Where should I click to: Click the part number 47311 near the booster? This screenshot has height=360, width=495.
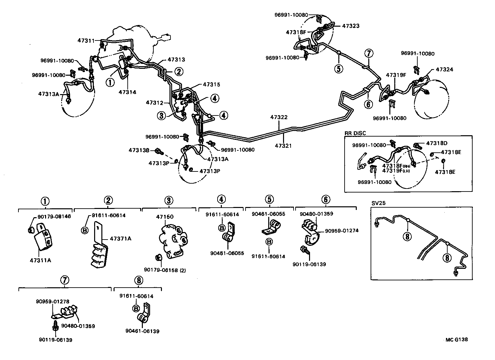[x=86, y=41]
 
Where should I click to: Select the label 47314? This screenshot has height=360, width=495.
[x=127, y=92]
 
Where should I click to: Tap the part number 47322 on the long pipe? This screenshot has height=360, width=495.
[x=279, y=117]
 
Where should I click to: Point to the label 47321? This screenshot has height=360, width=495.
[x=283, y=145]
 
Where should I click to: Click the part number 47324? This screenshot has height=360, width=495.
[x=444, y=69]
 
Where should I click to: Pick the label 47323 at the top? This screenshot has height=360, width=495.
[x=351, y=26]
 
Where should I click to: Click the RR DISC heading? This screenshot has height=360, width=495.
[x=355, y=133]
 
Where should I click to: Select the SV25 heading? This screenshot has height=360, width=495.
[x=378, y=203]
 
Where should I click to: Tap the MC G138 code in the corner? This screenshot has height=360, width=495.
[x=456, y=340]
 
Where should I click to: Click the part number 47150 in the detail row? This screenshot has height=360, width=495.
[x=165, y=217]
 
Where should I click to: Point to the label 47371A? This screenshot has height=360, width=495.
[x=120, y=238]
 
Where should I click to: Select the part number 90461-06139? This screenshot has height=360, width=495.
[x=142, y=331]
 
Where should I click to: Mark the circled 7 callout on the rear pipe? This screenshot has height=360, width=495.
[x=369, y=53]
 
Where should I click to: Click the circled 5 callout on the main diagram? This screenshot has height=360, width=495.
[x=338, y=69]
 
